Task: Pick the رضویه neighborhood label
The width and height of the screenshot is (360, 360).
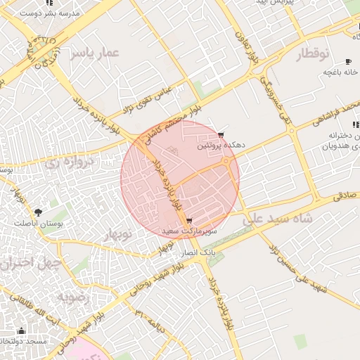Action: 72,297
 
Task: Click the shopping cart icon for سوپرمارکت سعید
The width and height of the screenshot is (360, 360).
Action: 190,221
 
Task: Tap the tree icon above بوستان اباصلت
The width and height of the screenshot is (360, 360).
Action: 37,211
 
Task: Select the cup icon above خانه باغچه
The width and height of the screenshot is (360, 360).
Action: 348,62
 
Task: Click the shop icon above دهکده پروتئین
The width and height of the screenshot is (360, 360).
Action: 221,134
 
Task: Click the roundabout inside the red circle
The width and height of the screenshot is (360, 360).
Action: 226,164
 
